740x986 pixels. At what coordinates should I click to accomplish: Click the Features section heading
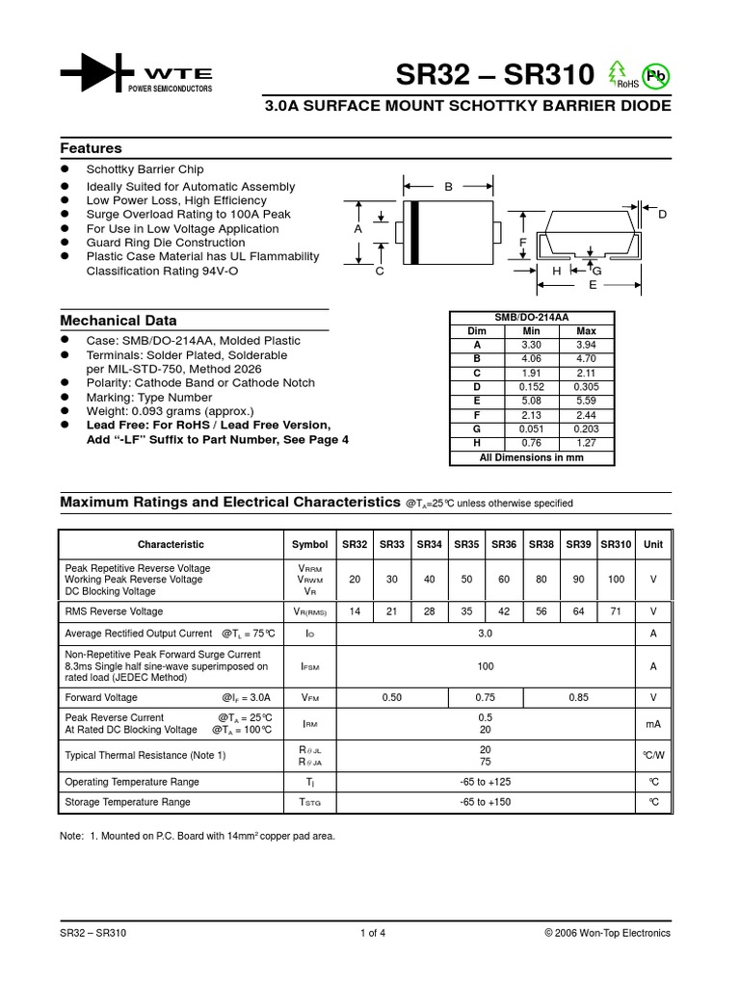pos(92,148)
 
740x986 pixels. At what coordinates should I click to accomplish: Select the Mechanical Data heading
pos(119,320)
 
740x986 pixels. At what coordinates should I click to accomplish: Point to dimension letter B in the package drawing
pos(448,187)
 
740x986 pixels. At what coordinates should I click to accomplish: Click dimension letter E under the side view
pos(594,286)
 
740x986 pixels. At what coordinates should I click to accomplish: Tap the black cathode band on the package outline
pos(414,231)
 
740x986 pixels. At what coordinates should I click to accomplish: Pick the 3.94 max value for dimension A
pos(586,344)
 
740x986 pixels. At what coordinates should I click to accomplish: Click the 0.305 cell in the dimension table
pos(586,387)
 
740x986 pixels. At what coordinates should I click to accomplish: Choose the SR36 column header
pos(504,544)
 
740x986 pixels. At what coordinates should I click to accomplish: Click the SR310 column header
pos(616,544)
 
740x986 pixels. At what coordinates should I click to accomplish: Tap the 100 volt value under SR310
pos(616,580)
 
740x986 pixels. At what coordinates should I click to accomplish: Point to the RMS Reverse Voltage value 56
pos(542,611)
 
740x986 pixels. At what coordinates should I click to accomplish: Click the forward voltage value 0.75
pos(485,697)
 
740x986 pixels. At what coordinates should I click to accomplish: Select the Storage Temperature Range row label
pos(127,802)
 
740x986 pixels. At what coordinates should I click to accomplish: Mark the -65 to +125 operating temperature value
pos(485,782)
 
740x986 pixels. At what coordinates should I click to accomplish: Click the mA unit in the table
pos(653,723)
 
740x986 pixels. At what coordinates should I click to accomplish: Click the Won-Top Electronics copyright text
pos(607,933)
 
